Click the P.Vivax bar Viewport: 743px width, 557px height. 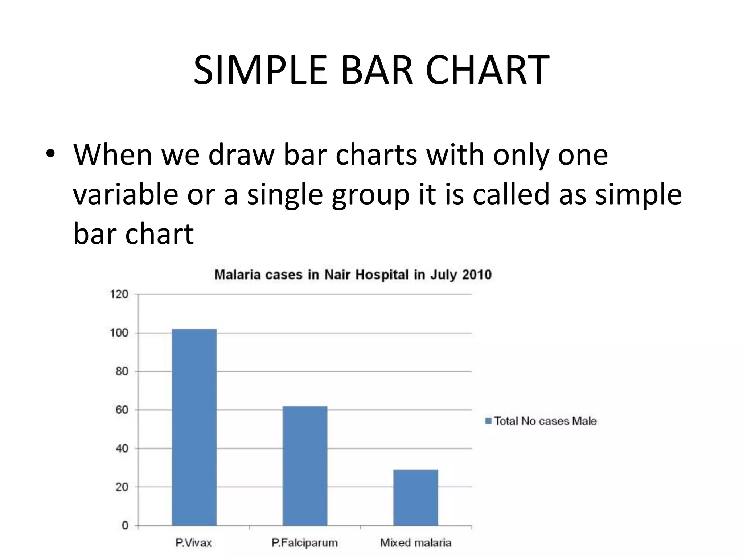[194, 427]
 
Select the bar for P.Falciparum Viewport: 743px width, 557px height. [305, 466]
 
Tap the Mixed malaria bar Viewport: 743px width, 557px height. [416, 497]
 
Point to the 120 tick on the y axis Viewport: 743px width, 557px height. [119, 294]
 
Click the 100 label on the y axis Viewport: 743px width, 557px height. [119, 333]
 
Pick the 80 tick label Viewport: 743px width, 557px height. [122, 371]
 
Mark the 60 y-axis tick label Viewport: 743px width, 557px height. [122, 410]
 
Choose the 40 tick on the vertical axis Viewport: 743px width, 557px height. [122, 449]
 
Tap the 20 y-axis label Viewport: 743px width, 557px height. [122, 487]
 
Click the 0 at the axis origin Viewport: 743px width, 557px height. [125, 525]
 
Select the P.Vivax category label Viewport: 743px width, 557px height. [193, 543]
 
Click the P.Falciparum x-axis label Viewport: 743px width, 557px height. [304, 543]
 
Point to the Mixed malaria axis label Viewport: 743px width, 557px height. [416, 543]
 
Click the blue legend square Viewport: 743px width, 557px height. [488, 421]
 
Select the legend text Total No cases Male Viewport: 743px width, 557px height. [545, 421]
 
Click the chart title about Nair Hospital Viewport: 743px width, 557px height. [353, 275]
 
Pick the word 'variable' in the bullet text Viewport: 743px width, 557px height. [126, 194]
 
